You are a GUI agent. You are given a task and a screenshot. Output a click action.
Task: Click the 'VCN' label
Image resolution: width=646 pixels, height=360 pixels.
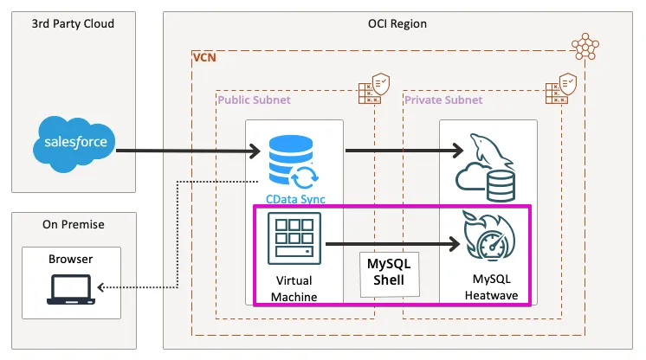point(204,58)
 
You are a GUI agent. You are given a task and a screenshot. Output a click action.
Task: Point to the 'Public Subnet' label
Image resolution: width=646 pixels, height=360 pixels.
point(254,100)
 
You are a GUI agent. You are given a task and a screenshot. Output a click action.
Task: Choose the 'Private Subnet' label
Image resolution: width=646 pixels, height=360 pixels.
point(443,100)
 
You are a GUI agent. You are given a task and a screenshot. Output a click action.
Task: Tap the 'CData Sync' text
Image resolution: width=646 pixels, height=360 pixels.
point(294,199)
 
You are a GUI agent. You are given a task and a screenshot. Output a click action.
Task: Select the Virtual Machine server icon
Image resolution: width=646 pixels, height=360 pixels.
point(294,239)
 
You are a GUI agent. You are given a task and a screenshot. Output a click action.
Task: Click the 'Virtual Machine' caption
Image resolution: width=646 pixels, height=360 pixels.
point(294,289)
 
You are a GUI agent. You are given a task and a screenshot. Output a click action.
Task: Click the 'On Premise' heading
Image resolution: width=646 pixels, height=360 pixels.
point(74,224)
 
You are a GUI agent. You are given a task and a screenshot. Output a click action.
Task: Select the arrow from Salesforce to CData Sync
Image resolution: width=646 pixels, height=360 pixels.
point(186,151)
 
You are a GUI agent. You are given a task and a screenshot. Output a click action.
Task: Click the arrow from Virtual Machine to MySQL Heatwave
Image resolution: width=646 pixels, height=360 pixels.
point(390,244)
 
